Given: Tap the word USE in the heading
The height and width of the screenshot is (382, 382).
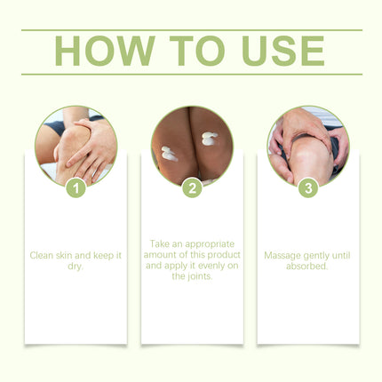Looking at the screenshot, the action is click(x=283, y=51).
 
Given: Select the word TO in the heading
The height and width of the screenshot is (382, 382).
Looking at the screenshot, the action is click(x=197, y=51).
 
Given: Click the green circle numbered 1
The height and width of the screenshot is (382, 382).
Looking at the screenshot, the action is click(x=76, y=188).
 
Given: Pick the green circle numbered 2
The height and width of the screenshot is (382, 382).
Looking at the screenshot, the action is click(x=192, y=188).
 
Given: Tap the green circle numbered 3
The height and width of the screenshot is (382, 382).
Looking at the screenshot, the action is click(x=308, y=188).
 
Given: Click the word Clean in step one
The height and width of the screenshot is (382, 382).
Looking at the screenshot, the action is click(x=41, y=255).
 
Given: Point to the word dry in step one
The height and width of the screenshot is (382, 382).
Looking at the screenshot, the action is click(x=75, y=267).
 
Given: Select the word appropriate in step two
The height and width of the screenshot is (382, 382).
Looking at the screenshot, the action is click(x=210, y=244).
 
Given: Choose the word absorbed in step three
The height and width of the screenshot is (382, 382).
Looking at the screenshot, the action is click(x=307, y=266).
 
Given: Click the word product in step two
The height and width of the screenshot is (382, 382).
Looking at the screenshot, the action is click(x=224, y=255).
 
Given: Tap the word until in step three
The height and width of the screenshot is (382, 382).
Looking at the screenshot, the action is click(x=341, y=255).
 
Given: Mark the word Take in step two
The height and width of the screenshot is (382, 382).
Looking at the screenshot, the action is click(x=159, y=244).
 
